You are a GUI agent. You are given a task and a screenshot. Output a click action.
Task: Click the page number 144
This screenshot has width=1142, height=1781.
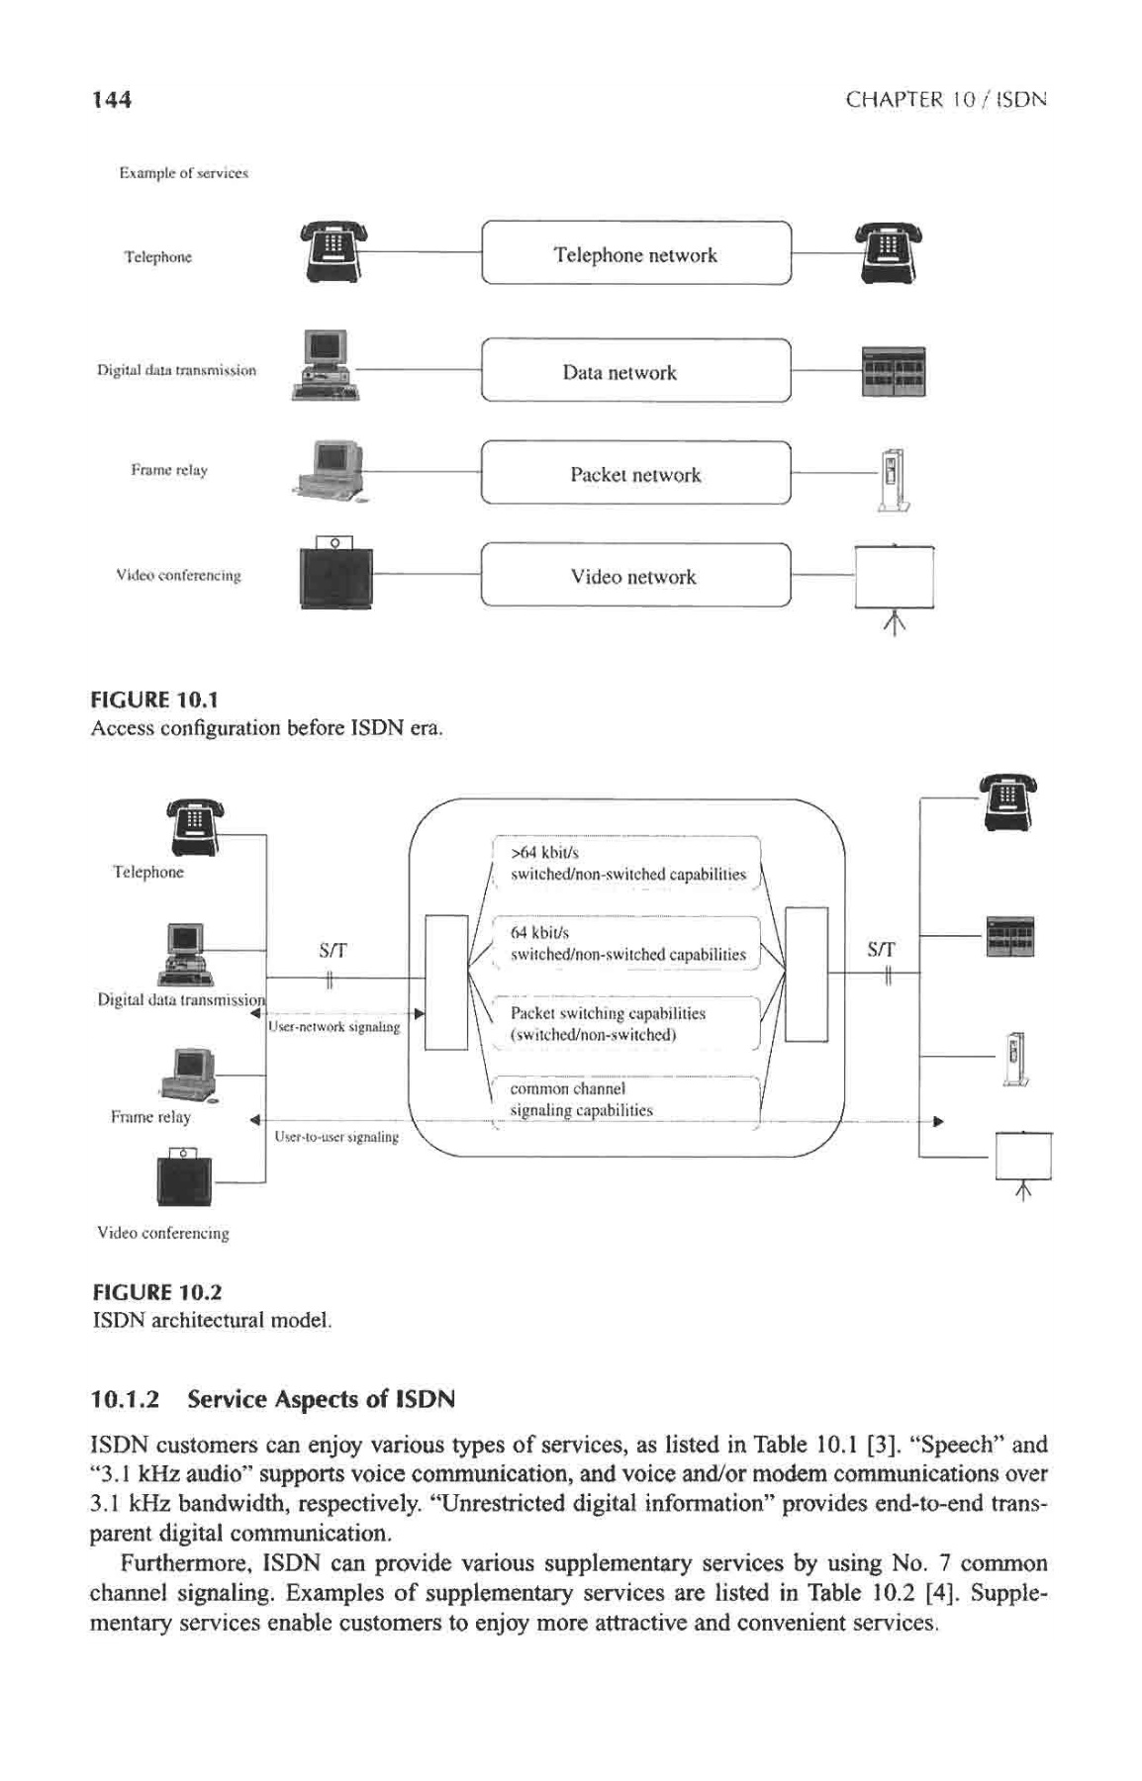pos(111,100)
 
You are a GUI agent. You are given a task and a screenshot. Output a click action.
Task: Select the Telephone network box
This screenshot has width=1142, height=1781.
pos(635,254)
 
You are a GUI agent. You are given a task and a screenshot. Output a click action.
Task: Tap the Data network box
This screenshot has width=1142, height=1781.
pos(635,372)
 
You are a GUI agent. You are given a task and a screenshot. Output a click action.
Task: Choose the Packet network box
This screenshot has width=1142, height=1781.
pos(635,474)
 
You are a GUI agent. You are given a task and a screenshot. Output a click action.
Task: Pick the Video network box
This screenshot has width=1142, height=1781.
pos(635,576)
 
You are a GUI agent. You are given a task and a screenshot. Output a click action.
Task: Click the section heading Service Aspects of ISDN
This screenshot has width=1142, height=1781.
pos(272,1399)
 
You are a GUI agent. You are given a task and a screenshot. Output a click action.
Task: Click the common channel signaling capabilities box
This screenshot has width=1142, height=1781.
pos(627,1100)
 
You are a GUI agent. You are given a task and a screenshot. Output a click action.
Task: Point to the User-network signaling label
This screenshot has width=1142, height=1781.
pos(333,1027)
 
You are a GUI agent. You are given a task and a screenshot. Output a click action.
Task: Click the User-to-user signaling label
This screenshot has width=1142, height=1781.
pos(336,1137)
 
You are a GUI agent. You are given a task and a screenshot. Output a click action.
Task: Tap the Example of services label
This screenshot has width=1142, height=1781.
pos(183,173)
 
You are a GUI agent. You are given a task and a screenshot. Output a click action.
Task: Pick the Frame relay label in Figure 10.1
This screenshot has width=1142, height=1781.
pos(169,470)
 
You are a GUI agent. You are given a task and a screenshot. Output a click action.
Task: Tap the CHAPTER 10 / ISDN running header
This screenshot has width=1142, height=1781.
pos(946,100)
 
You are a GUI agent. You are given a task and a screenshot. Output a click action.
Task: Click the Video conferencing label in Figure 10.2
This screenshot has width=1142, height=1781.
pos(163,1233)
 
